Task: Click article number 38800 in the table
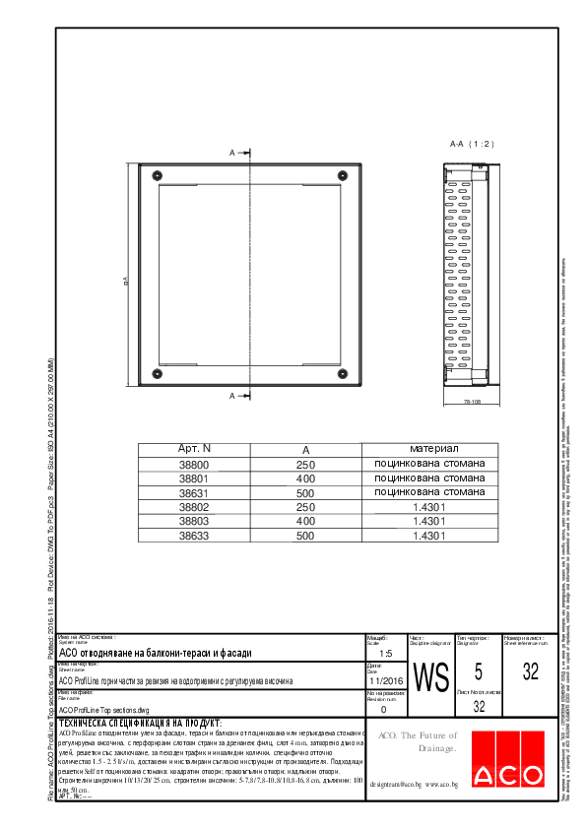pos(194,464)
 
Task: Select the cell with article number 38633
pos(194,536)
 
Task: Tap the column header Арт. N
pos(194,449)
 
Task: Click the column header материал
pos(429,449)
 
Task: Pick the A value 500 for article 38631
pos(304,492)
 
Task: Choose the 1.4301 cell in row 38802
pos(429,507)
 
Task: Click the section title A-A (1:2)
pos(471,144)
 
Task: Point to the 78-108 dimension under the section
pos(472,402)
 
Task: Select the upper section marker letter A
pos(232,153)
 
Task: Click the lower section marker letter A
pos(232,396)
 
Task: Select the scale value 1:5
pos(385,653)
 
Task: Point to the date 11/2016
pos(385,680)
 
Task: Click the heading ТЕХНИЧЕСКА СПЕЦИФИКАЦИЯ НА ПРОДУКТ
pos(140,723)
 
